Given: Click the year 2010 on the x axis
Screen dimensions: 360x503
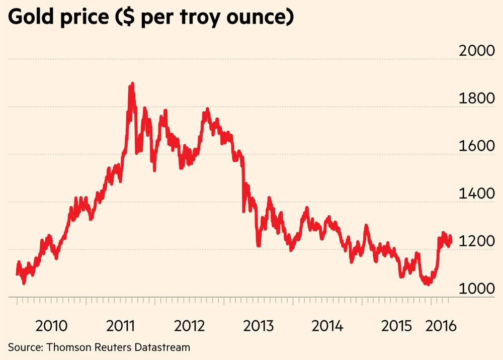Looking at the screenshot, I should coord(52,325).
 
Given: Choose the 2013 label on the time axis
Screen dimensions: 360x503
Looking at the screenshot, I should coord(258,325).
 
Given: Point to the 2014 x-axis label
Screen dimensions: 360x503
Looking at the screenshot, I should coord(327,325).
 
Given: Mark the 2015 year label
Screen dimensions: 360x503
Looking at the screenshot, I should coord(396,325).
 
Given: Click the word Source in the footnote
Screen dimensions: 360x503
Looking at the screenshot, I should coord(24,346).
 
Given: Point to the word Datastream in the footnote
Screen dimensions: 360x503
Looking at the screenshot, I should coord(165,346).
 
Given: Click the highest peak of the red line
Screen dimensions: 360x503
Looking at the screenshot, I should coord(132,84).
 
